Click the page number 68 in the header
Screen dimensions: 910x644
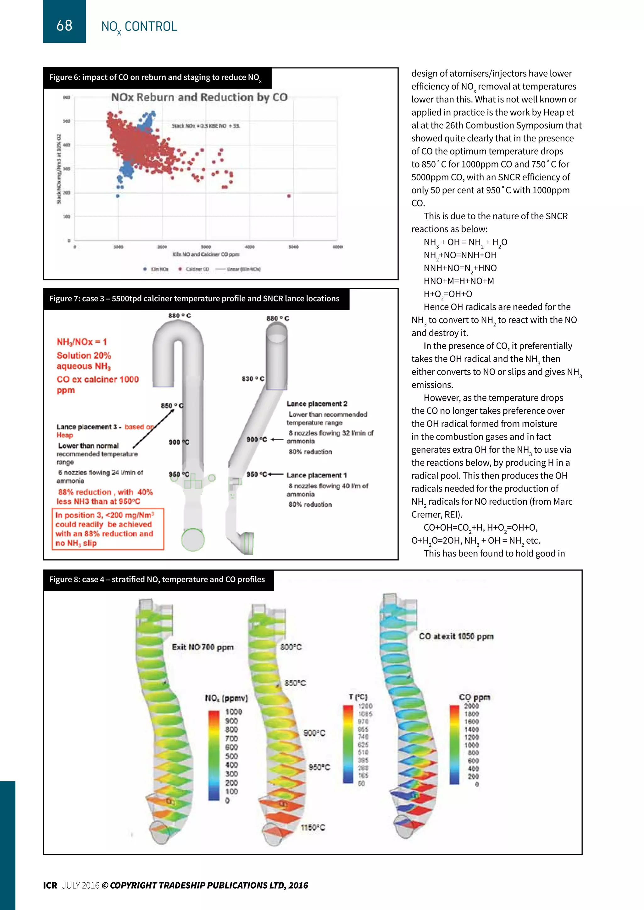[x=64, y=25]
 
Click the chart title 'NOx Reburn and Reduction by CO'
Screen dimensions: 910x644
[x=199, y=97]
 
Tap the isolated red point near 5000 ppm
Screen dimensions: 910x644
[x=289, y=196]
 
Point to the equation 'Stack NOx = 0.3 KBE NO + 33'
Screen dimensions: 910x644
[x=205, y=126]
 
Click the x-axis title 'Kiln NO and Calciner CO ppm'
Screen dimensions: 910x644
[x=205, y=254]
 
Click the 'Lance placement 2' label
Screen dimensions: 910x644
[x=317, y=403]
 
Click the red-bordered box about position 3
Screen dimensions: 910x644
[x=108, y=529]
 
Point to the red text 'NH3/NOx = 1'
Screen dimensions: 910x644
[x=82, y=342]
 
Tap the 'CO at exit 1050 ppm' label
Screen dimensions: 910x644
[x=456, y=636]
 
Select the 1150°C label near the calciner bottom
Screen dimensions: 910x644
[x=313, y=827]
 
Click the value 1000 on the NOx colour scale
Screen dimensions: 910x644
[x=233, y=712]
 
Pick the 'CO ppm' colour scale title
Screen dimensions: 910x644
[x=474, y=697]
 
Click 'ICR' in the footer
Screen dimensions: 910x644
[x=50, y=885]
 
